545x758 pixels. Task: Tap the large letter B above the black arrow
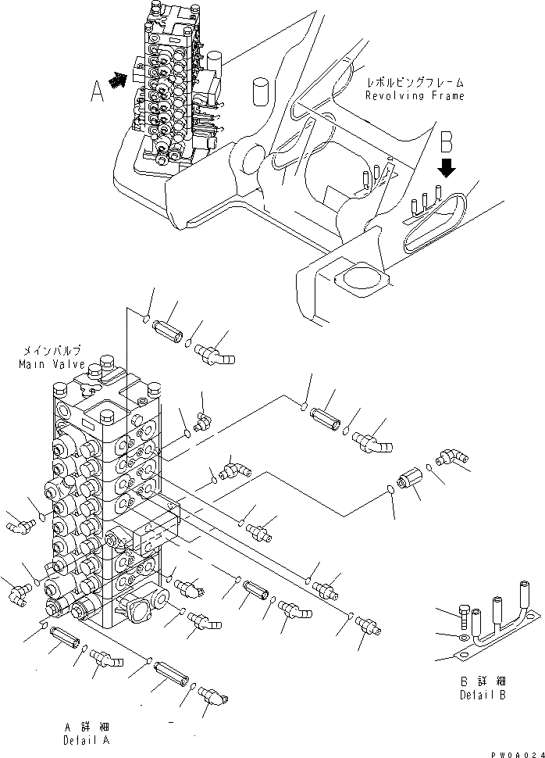point(447,143)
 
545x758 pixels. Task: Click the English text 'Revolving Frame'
point(415,96)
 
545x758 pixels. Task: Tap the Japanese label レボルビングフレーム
point(417,82)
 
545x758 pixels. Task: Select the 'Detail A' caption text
point(87,739)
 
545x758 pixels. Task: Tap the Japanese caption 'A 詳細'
point(87,725)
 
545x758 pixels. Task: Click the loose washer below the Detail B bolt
point(464,638)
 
